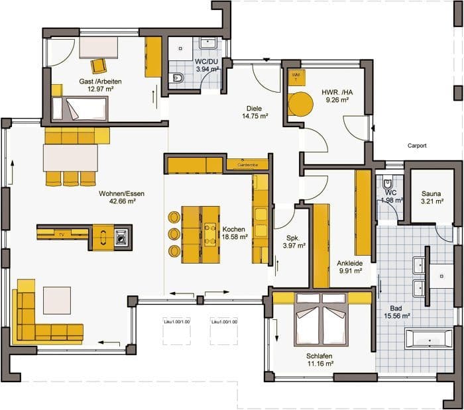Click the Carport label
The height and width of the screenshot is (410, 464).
tap(416, 146)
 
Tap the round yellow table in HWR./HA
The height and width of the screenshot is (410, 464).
tap(300, 105)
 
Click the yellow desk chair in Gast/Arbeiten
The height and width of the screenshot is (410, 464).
tap(99, 66)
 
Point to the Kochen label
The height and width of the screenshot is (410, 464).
tap(234, 227)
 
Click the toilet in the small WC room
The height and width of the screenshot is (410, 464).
tap(389, 183)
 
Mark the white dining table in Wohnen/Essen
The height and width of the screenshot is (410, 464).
tap(70, 158)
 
